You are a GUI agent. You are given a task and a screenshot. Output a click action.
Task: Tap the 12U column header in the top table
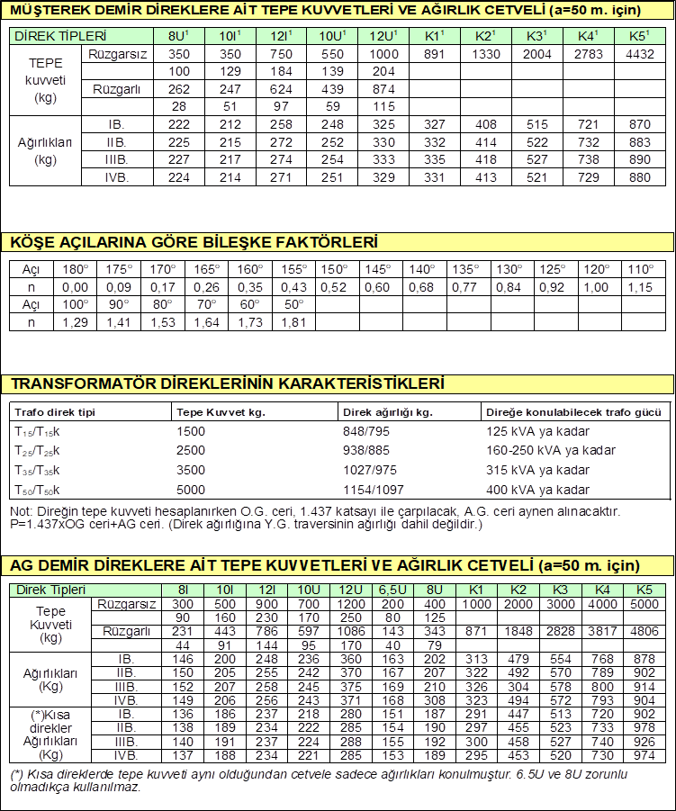click(383, 37)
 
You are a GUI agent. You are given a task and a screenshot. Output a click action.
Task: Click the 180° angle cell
click(76, 269)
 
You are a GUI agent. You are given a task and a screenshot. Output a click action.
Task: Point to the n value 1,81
click(295, 321)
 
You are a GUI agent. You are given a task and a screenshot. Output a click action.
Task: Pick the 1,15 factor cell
click(641, 287)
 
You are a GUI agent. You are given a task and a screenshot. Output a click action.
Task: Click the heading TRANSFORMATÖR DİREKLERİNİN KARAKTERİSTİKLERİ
click(228, 383)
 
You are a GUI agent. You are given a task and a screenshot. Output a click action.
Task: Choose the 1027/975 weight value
click(370, 470)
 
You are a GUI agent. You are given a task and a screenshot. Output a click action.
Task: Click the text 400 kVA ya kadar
click(537, 490)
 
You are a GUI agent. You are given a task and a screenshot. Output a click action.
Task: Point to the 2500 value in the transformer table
click(192, 450)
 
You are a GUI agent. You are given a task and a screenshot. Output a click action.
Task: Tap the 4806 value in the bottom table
click(644, 631)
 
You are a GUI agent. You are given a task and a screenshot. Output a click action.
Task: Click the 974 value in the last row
click(644, 754)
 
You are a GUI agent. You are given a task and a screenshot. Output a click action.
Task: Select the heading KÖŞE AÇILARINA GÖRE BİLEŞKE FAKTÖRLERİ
click(193, 242)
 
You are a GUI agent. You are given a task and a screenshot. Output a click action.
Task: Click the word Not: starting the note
click(21, 510)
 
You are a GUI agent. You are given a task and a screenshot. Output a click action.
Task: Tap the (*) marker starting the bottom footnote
click(17, 774)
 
